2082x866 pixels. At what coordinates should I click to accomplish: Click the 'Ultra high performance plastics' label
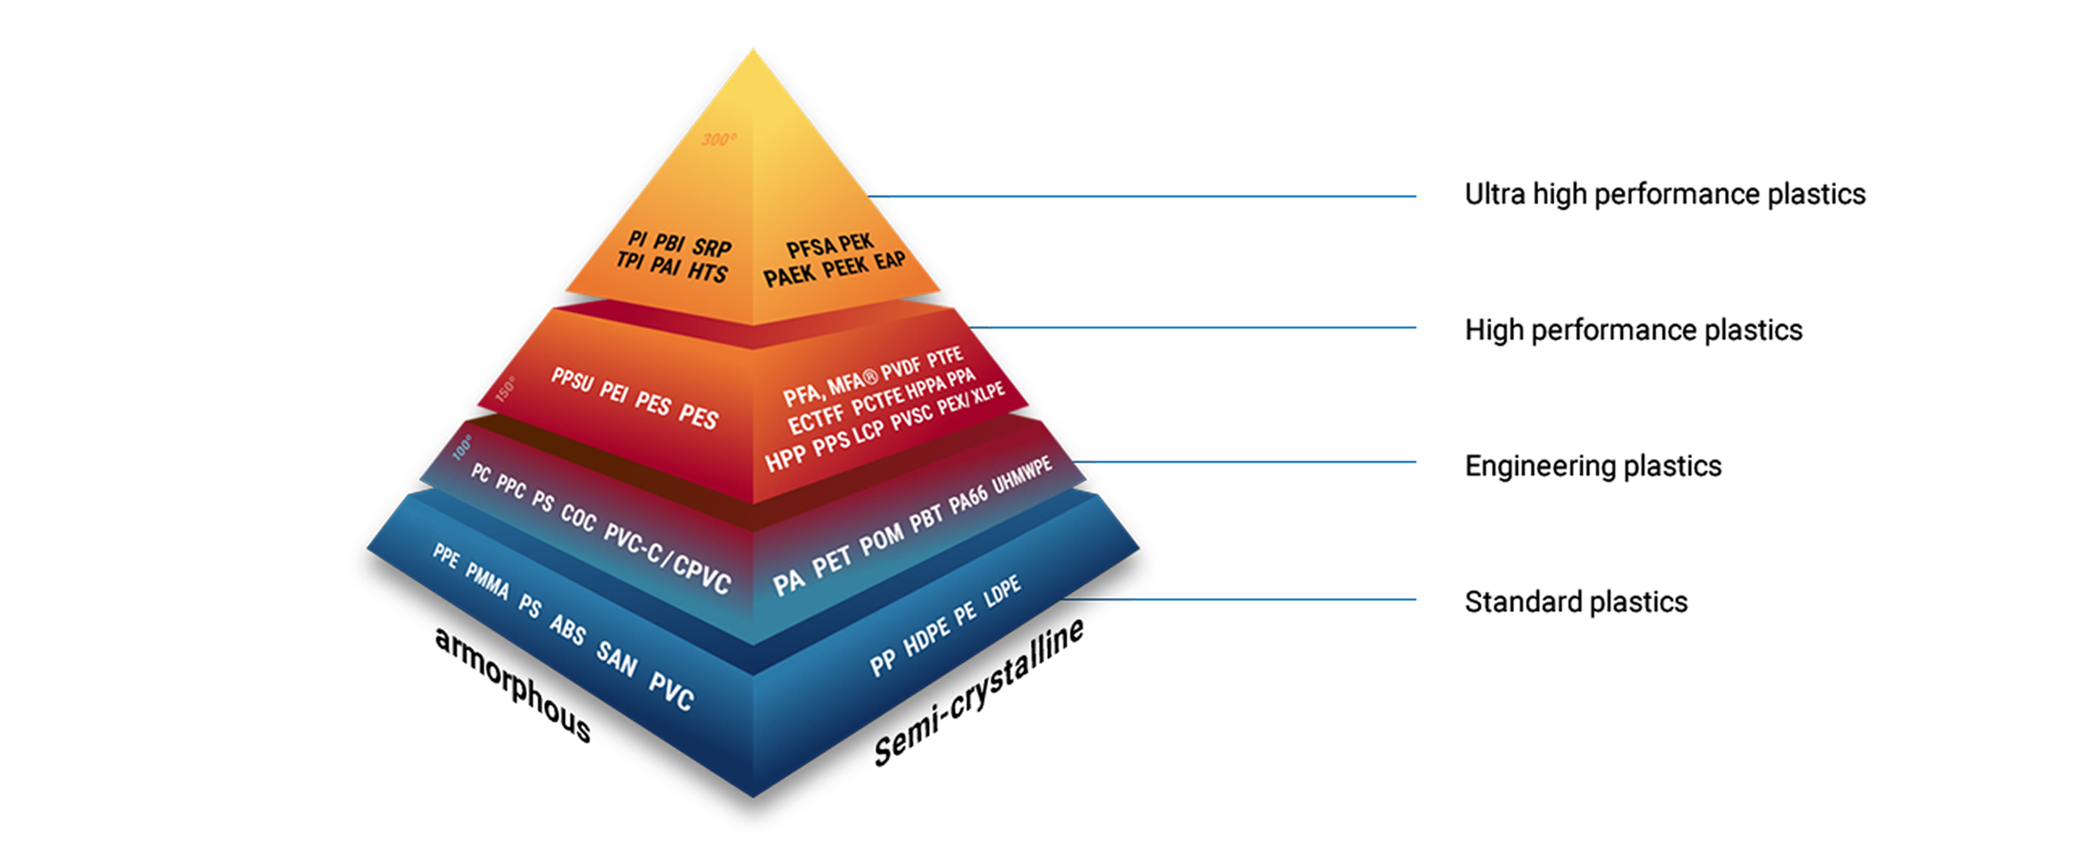(1664, 194)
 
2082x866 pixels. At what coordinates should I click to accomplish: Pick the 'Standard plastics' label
(1575, 602)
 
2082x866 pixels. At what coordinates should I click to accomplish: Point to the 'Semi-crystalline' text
(979, 693)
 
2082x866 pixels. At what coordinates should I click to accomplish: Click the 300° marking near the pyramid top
(718, 140)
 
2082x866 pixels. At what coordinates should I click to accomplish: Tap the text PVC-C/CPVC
(667, 557)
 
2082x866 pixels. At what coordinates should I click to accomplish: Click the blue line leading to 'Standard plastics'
(1237, 599)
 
